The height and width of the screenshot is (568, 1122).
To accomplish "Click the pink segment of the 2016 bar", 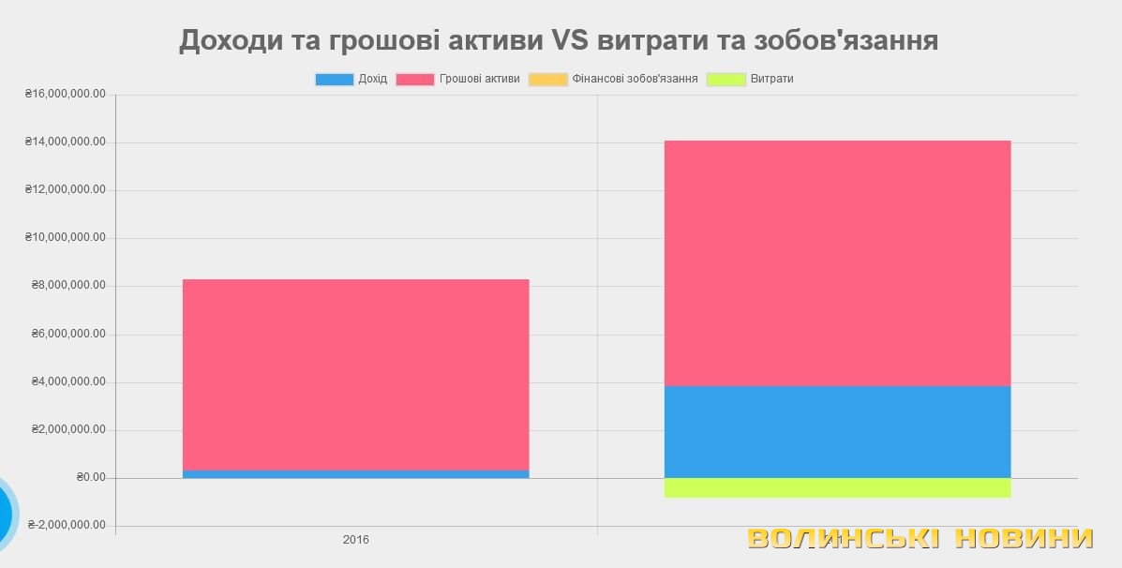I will pyautogui.click(x=355, y=374).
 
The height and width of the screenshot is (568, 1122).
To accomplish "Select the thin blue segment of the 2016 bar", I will pyautogui.click(x=355, y=474).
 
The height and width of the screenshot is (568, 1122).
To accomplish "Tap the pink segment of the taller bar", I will pyautogui.click(x=837, y=262).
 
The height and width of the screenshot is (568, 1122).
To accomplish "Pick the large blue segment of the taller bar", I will pyautogui.click(x=837, y=432).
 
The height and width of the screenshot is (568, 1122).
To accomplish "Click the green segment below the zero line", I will pyautogui.click(x=837, y=487).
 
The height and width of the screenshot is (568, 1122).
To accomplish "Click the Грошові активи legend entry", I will pyautogui.click(x=458, y=80).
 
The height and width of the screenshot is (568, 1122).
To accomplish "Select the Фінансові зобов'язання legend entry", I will pyautogui.click(x=614, y=80).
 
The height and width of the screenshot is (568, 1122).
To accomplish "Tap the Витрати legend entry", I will pyautogui.click(x=751, y=80).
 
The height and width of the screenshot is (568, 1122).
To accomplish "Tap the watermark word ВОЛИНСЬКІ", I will pyautogui.click(x=843, y=538).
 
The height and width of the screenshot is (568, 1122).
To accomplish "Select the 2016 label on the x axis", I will pyautogui.click(x=355, y=540).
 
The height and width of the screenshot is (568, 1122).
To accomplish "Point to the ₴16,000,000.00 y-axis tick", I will pyautogui.click(x=66, y=95).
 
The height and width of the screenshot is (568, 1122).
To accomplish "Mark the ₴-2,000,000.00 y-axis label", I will pyautogui.click(x=66, y=525).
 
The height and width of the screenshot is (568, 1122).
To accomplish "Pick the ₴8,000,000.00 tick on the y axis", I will pyautogui.click(x=68, y=286).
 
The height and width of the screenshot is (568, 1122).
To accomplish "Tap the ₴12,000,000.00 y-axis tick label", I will pyautogui.click(x=66, y=190).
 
